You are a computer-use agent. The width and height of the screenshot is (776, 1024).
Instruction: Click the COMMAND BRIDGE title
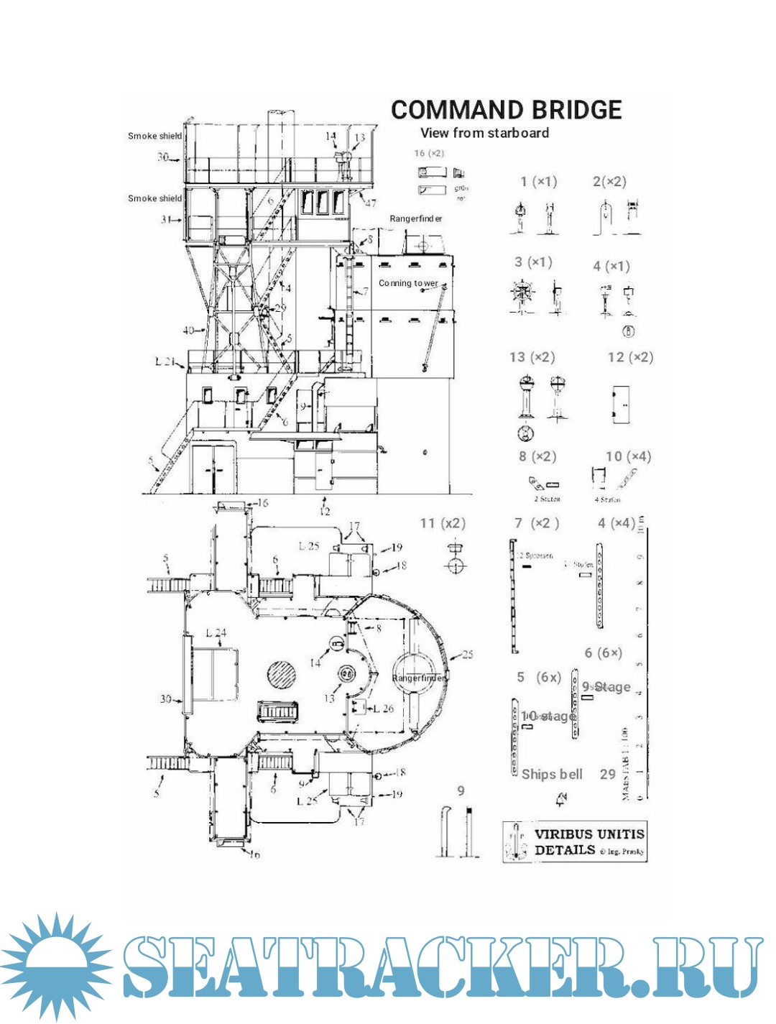(506, 110)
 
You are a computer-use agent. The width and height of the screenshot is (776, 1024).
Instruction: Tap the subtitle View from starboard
(484, 133)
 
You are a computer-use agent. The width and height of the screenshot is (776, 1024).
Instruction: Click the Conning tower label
(408, 283)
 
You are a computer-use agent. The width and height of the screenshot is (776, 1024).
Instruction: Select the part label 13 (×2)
(532, 357)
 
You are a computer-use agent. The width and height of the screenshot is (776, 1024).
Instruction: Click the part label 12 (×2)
(630, 357)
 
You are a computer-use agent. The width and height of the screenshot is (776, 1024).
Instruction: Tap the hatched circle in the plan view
(282, 675)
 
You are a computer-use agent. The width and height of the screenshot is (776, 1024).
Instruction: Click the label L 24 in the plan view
(216, 633)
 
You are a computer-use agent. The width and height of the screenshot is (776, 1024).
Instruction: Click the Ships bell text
(552, 774)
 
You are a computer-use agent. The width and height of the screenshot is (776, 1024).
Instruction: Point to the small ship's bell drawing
(561, 799)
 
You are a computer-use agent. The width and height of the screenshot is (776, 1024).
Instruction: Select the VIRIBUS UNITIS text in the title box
(589, 834)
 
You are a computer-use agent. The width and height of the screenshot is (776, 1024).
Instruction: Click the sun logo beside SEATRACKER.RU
(56, 965)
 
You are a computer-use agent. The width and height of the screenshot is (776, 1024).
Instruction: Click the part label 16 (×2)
(429, 153)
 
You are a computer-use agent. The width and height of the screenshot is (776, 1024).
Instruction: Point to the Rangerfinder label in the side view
(416, 218)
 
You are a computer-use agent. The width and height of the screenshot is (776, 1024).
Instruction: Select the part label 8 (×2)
(537, 456)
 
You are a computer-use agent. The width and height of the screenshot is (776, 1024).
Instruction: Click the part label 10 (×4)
(627, 456)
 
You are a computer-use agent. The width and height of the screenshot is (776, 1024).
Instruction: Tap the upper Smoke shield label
(154, 136)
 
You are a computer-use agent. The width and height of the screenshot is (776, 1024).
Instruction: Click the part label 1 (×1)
(539, 182)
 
